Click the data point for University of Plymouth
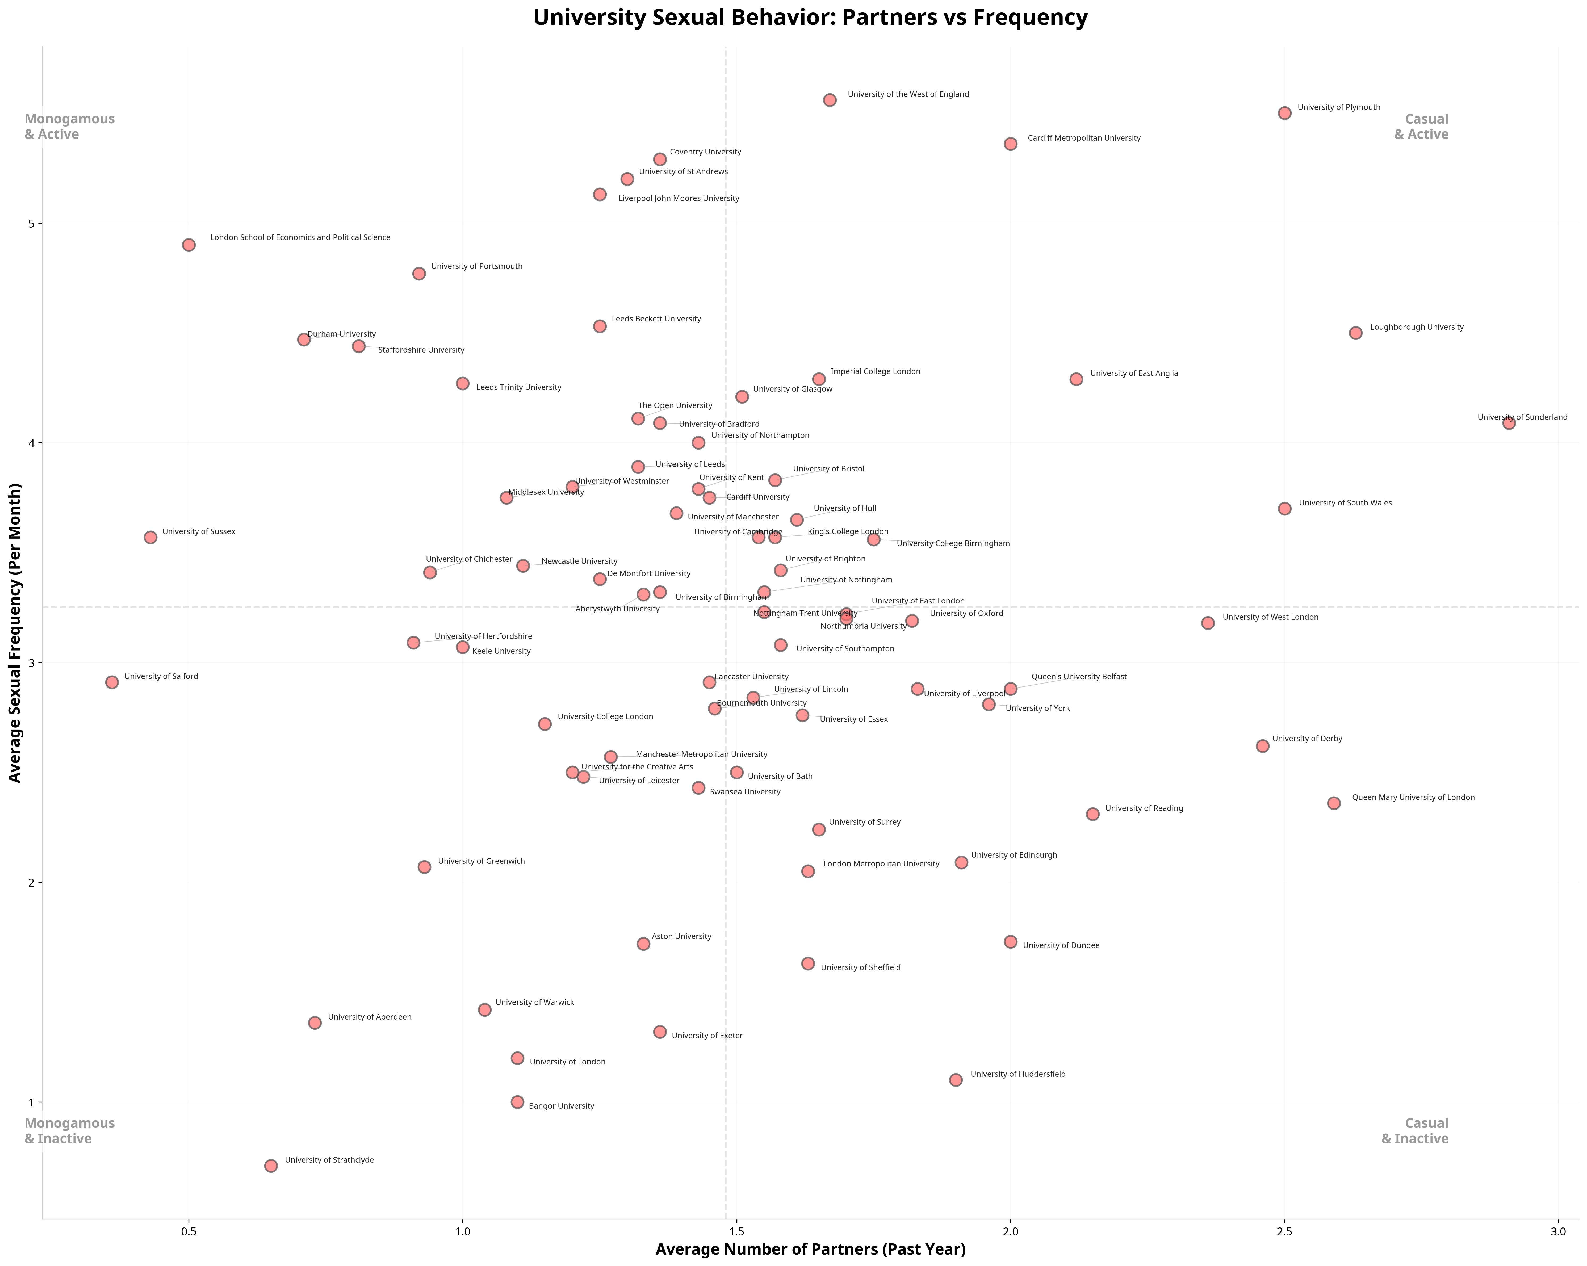pyautogui.click(x=1284, y=113)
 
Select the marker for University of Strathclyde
pyautogui.click(x=271, y=1166)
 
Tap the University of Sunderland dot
pyautogui.click(x=1509, y=422)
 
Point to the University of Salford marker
pyautogui.click(x=112, y=682)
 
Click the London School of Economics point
pyautogui.click(x=189, y=245)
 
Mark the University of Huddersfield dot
pyautogui.click(x=956, y=1080)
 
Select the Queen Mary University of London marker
pyautogui.click(x=1334, y=803)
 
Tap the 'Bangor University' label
pyautogui.click(x=561, y=1106)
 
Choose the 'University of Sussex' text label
pyautogui.click(x=199, y=531)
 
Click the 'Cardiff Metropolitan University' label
pyautogui.click(x=1083, y=138)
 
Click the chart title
pyautogui.click(x=810, y=18)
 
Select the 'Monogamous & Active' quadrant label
pyautogui.click(x=70, y=127)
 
